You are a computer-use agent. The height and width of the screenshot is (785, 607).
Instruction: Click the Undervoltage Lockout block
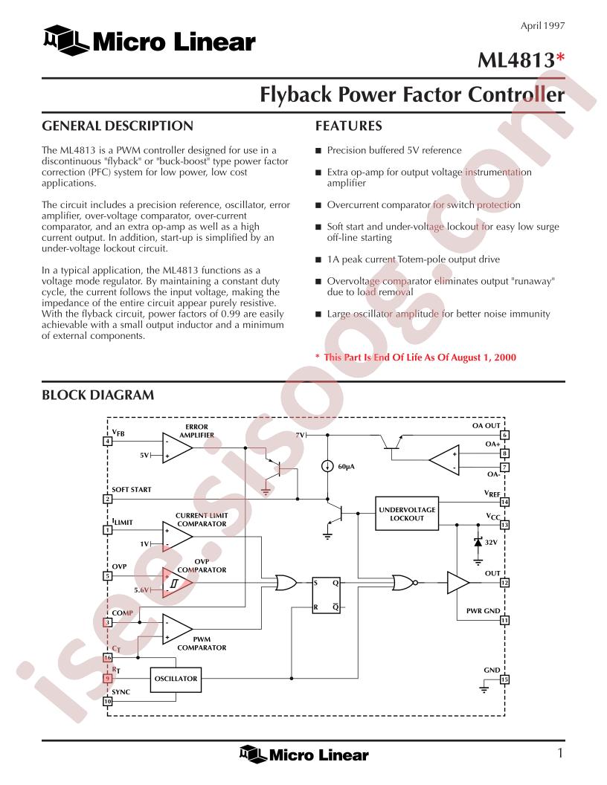pyautogui.click(x=407, y=514)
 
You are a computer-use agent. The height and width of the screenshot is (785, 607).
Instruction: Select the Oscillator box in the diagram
pyautogui.click(x=176, y=679)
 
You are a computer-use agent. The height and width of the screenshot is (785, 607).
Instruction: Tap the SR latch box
pyautogui.click(x=327, y=595)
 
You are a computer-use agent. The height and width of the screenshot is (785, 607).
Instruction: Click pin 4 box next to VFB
pyautogui.click(x=107, y=441)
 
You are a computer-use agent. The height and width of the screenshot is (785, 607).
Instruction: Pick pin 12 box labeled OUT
pyautogui.click(x=504, y=583)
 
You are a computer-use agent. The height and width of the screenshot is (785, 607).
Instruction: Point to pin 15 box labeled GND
pyautogui.click(x=504, y=679)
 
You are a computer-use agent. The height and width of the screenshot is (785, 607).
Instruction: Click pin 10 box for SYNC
pyautogui.click(x=107, y=702)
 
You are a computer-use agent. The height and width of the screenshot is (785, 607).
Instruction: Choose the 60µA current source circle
pyautogui.click(x=327, y=467)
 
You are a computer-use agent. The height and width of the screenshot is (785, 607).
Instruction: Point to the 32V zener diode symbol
pyautogui.click(x=478, y=542)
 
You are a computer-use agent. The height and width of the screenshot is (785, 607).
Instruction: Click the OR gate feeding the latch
pyautogui.click(x=286, y=583)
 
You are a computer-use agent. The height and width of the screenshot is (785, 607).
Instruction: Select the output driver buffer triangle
pyautogui.click(x=458, y=583)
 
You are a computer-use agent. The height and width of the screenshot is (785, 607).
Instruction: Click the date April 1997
pyautogui.click(x=542, y=25)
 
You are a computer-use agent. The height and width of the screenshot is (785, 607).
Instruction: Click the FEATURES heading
pyautogui.click(x=349, y=126)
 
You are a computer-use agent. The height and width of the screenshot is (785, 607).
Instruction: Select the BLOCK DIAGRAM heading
pyautogui.click(x=97, y=395)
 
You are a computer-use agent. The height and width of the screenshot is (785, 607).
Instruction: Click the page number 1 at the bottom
pyautogui.click(x=560, y=753)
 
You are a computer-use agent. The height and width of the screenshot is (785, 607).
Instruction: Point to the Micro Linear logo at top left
pyautogui.click(x=150, y=41)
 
